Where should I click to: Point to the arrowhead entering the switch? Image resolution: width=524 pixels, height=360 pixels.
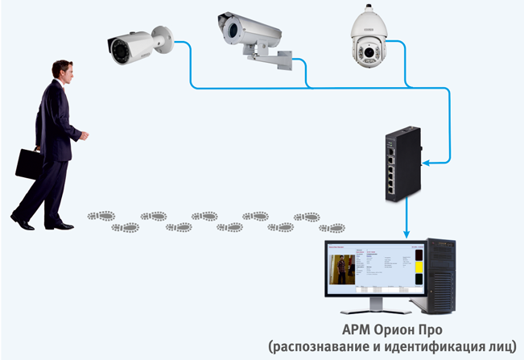(x=426, y=163)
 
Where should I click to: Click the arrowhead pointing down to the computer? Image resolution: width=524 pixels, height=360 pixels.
(x=408, y=234)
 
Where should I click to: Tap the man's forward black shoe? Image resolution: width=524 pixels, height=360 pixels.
(x=64, y=226)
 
